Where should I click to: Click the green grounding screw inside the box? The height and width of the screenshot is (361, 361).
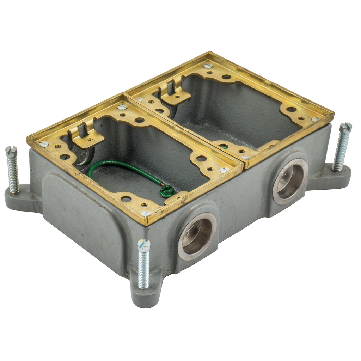point(167,191)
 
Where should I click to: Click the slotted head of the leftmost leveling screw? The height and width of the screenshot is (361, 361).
point(11,152)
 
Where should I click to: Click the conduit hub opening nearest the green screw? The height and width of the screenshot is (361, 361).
point(197,236)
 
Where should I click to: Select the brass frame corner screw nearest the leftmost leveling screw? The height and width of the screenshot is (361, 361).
point(44,144)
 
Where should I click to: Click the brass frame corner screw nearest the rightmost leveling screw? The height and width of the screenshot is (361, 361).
point(315,120)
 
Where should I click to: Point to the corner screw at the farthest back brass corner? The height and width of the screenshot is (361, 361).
point(208,65)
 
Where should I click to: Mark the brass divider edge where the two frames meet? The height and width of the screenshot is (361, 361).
point(183,130)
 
